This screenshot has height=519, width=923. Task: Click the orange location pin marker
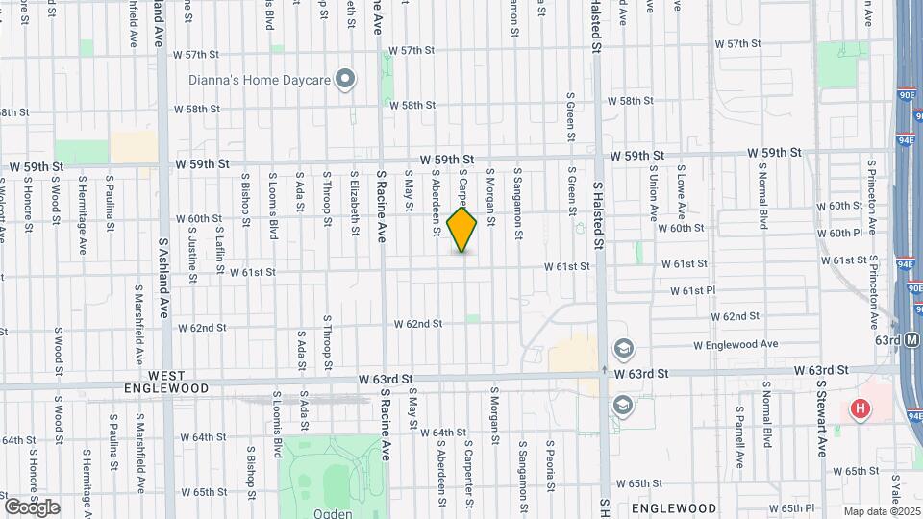click(x=462, y=229)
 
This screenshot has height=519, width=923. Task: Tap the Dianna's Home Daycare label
click(x=260, y=80)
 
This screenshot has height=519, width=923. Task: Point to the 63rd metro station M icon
click(x=913, y=339)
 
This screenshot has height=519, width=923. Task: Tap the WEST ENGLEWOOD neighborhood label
click(x=165, y=381)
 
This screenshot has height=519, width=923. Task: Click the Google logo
click(x=32, y=507)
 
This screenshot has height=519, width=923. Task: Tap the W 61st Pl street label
click(x=693, y=290)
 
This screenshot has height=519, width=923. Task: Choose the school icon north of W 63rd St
click(x=622, y=347)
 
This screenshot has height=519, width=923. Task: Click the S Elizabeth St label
click(x=355, y=203)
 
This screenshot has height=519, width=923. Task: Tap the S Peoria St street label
click(x=550, y=466)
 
